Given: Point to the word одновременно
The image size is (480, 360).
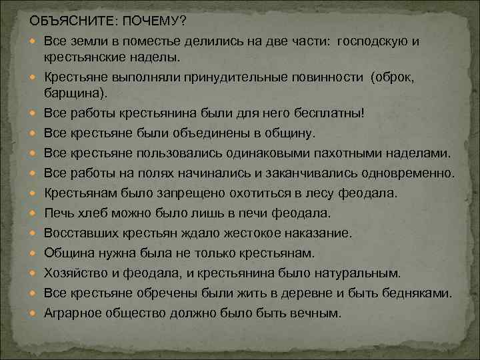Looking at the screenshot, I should pyautogui.click(x=408, y=174).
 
